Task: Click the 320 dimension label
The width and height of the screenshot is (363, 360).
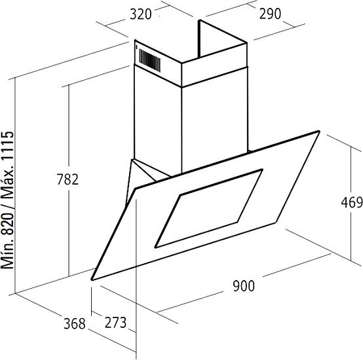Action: tap(140, 14)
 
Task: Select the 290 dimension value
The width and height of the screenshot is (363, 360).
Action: tap(270, 14)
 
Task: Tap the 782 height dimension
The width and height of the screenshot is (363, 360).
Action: tap(67, 179)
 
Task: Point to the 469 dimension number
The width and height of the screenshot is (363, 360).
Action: tap(352, 202)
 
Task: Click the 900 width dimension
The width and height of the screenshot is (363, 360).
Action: tap(244, 286)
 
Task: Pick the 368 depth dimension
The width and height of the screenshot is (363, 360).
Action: tap(75, 324)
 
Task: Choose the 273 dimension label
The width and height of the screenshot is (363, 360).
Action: tap(115, 323)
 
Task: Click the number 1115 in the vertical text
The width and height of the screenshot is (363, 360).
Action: tap(8, 145)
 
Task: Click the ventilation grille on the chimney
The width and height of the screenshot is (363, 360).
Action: tap(149, 60)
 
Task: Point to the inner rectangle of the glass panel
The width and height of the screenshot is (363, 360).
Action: tap(208, 209)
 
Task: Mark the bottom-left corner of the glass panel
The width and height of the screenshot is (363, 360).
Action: tap(92, 279)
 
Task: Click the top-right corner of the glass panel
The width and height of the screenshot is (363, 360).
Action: tap(319, 132)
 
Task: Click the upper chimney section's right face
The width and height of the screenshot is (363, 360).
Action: tap(214, 65)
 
